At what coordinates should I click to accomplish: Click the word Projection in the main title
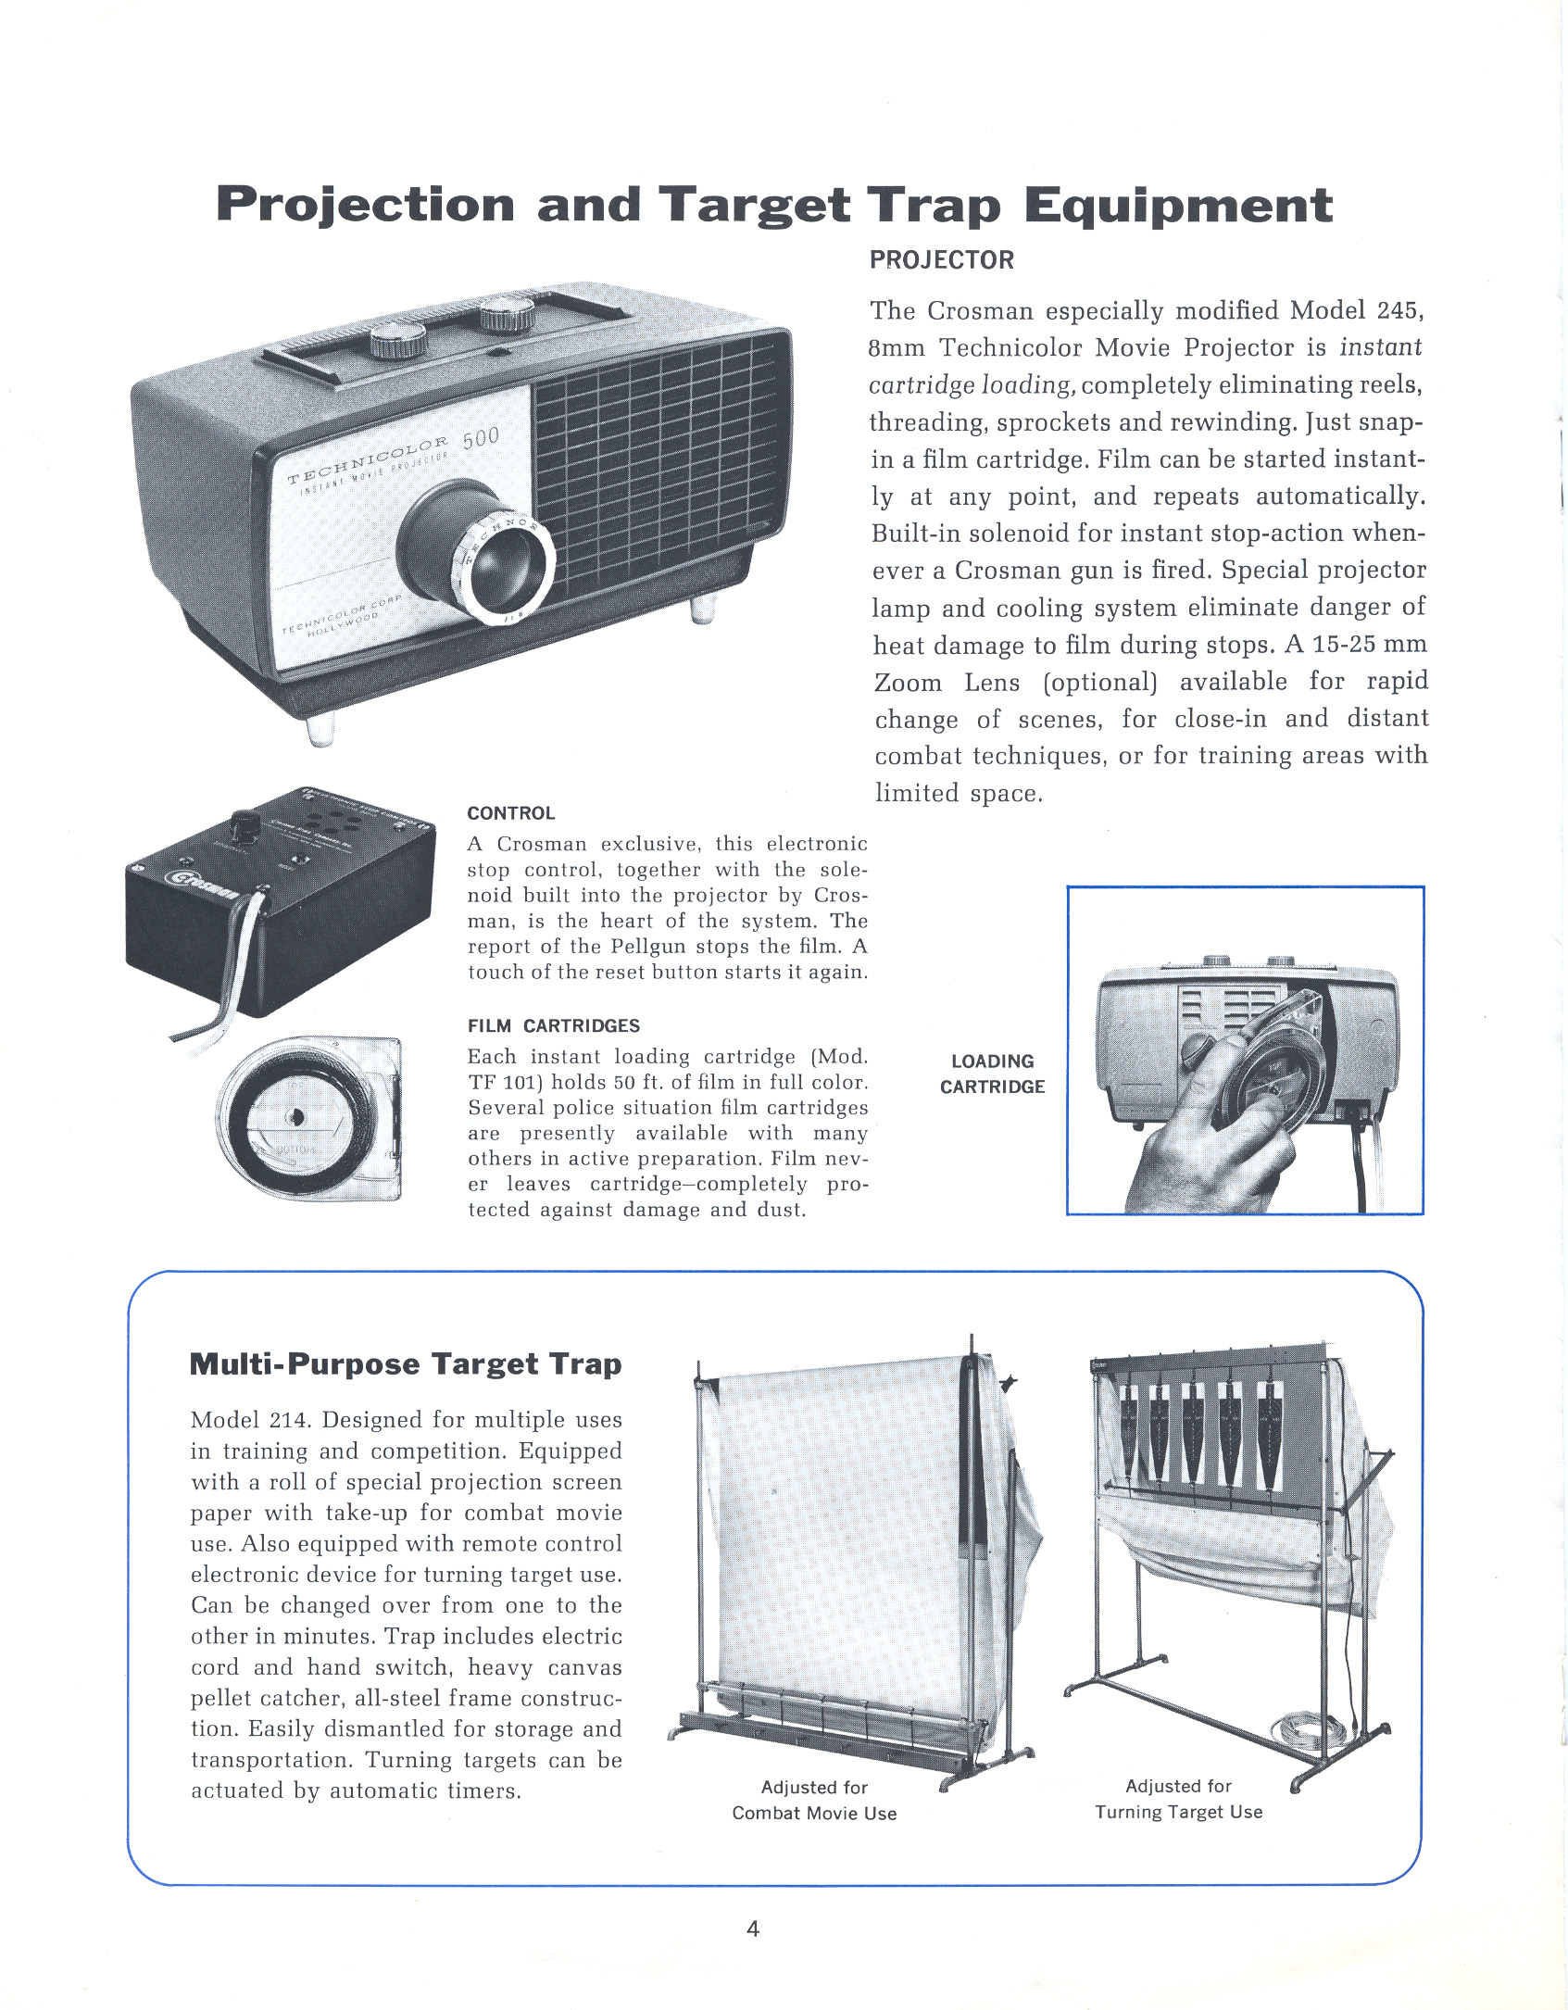coord(365,206)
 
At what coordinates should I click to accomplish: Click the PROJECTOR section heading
coord(941,260)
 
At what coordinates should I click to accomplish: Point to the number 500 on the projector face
coord(481,437)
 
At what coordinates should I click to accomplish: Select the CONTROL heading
coord(510,813)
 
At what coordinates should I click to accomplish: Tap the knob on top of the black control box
coord(245,823)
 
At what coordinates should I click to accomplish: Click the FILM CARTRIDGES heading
coord(553,1025)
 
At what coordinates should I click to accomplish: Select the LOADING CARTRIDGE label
coord(992,1074)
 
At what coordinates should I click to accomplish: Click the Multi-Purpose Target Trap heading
coord(405,1364)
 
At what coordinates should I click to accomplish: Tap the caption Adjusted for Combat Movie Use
coord(814,1800)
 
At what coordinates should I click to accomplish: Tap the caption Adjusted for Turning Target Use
coord(1178,1799)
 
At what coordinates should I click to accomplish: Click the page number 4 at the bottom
coord(752,1928)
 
